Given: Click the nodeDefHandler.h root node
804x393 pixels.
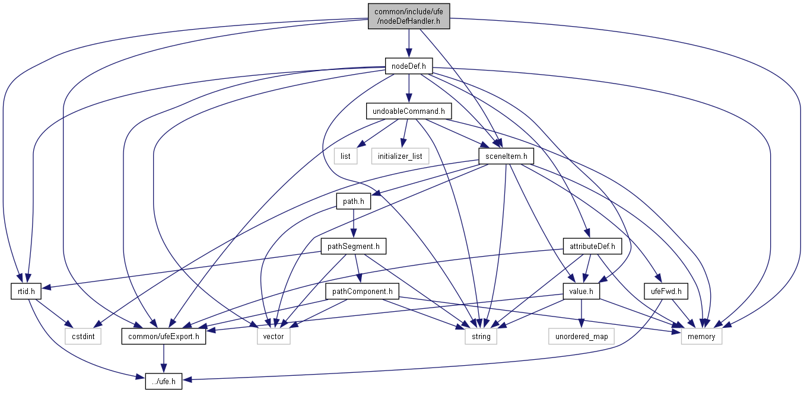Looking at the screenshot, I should [408, 17].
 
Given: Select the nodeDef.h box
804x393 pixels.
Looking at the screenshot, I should [409, 66].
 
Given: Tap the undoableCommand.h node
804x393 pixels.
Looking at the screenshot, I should [409, 111].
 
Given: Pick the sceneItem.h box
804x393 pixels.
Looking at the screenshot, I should [506, 156].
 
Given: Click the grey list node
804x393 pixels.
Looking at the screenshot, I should [345, 156].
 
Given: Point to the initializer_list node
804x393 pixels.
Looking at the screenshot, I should [400, 156].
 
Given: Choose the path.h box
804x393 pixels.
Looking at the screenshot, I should [353, 202].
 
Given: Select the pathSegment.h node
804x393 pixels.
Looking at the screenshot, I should [354, 246].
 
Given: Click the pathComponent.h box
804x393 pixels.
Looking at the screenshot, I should [362, 292].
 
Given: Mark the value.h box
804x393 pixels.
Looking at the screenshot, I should [581, 292].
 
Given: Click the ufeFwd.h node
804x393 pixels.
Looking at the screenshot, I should [666, 292].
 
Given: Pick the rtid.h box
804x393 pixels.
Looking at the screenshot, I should [24, 292].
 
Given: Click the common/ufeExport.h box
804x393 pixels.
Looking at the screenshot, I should [164, 337].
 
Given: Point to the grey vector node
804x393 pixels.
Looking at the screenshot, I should [274, 337].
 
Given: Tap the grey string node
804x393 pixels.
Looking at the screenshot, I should [481, 337].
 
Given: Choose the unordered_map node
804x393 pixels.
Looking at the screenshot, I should [581, 337].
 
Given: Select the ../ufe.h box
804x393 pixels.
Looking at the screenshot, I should [164, 382].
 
